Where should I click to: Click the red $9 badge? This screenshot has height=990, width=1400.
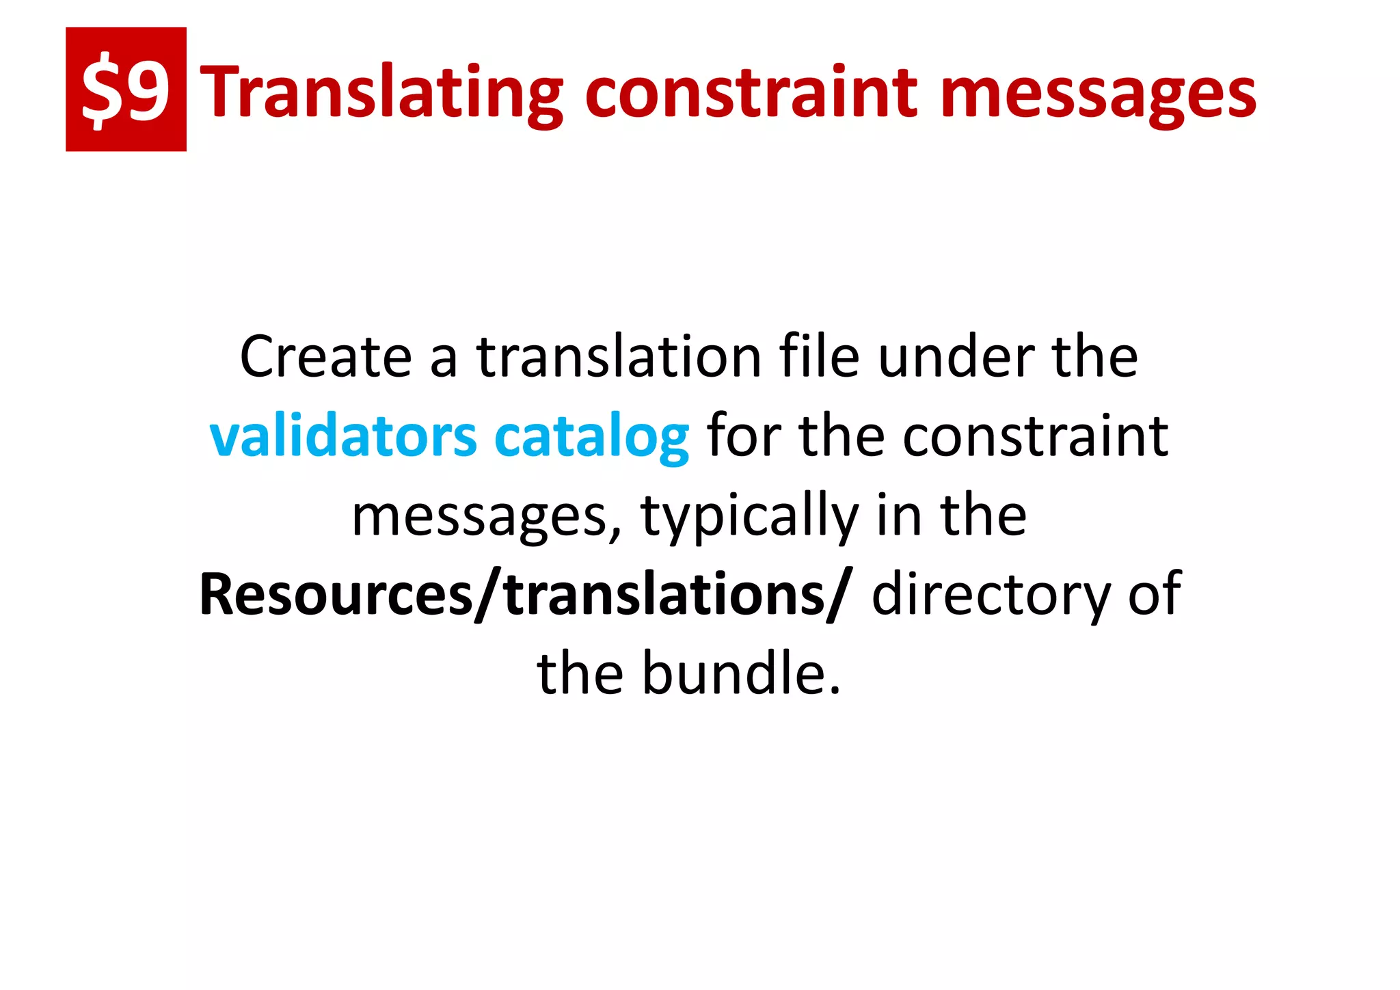pyautogui.click(x=126, y=89)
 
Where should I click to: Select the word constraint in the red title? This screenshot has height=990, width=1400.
pyautogui.click(x=752, y=92)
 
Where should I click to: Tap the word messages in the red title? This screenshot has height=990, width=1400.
pyautogui.click(x=1098, y=92)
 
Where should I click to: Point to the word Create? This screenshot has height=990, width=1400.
pyautogui.click(x=325, y=357)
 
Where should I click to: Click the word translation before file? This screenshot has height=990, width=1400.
pyautogui.click(x=619, y=357)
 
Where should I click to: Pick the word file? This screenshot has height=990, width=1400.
pyautogui.click(x=819, y=357)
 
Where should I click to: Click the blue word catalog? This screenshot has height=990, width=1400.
pyautogui.click(x=591, y=438)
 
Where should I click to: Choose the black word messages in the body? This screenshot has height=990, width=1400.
pyautogui.click(x=479, y=517)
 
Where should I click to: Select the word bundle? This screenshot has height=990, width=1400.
pyautogui.click(x=740, y=674)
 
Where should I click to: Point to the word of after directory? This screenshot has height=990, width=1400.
pyautogui.click(x=1155, y=595)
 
